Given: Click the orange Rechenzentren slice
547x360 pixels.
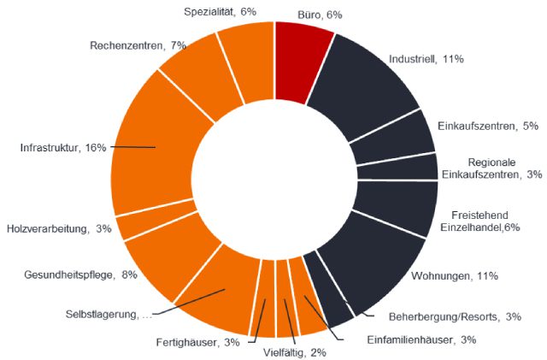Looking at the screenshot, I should click(192, 68).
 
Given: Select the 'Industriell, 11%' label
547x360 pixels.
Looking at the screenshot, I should click(426, 60).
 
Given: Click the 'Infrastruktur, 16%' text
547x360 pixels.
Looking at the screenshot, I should click(63, 147).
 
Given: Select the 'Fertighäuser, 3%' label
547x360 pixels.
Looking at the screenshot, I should click(197, 343).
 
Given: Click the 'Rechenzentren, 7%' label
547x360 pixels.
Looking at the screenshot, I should click(138, 44).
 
